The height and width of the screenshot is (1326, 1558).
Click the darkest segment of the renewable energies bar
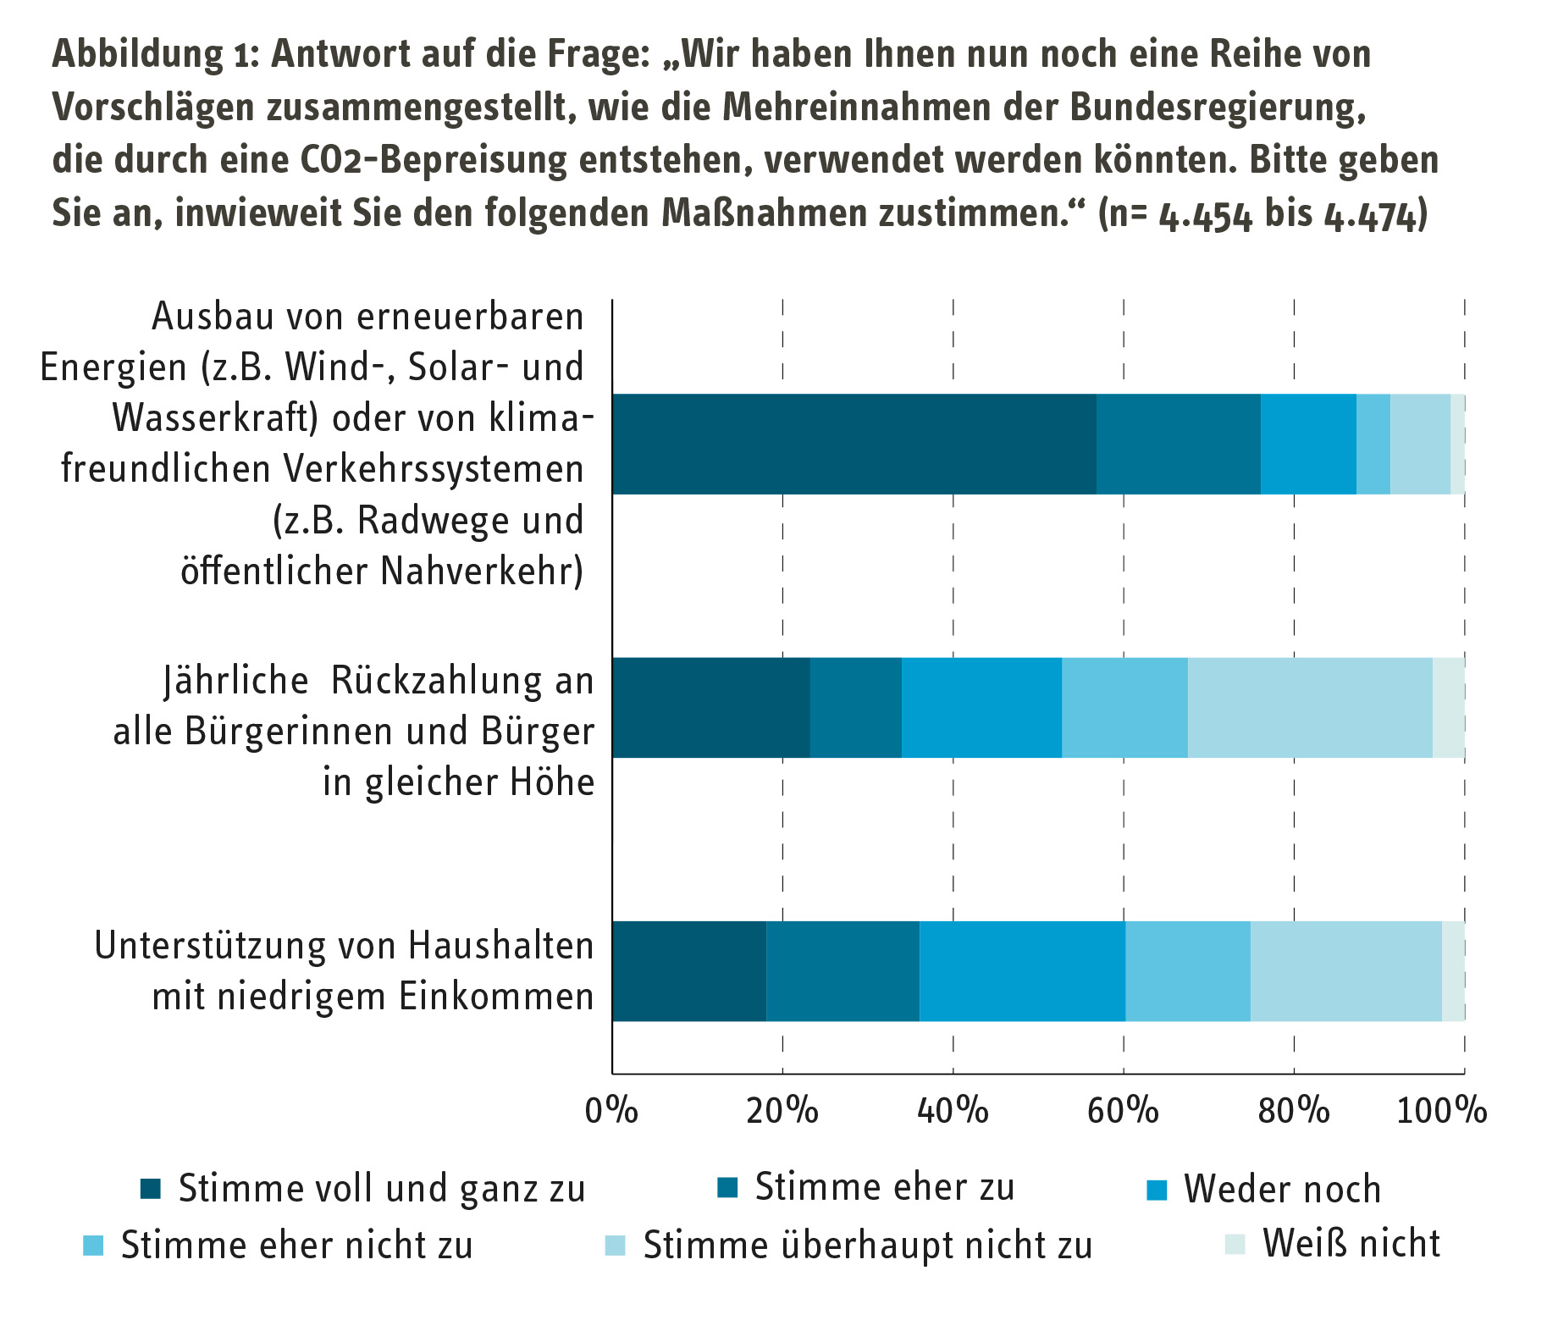pos(854,444)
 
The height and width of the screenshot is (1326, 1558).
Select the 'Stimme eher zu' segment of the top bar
pos(1178,444)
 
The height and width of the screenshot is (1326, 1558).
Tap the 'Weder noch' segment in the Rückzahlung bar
pos(981,707)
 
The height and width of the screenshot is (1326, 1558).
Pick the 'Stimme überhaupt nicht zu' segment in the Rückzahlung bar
pos(1310,707)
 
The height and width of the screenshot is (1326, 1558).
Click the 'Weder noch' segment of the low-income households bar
pos(1022,970)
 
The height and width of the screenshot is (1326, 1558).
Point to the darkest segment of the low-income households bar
pos(688,970)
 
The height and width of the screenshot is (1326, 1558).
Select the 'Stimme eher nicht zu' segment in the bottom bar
pos(1188,970)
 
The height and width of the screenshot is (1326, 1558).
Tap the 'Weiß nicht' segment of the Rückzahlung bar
pos(1448,707)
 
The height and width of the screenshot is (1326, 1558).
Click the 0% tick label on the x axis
pos(611,1110)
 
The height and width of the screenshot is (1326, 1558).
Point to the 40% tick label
pos(953,1110)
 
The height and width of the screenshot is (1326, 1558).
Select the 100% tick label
pos(1441,1110)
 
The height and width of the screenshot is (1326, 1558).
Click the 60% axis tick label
pos(1123,1110)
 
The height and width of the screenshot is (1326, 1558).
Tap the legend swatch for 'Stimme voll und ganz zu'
pos(151,1189)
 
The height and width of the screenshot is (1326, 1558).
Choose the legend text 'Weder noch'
pos(1282,1189)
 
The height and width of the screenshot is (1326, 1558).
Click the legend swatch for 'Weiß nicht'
pos(1235,1245)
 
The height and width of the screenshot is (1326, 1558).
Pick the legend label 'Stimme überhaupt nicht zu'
pos(868,1246)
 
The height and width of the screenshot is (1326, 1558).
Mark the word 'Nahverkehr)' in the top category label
pos(482,572)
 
